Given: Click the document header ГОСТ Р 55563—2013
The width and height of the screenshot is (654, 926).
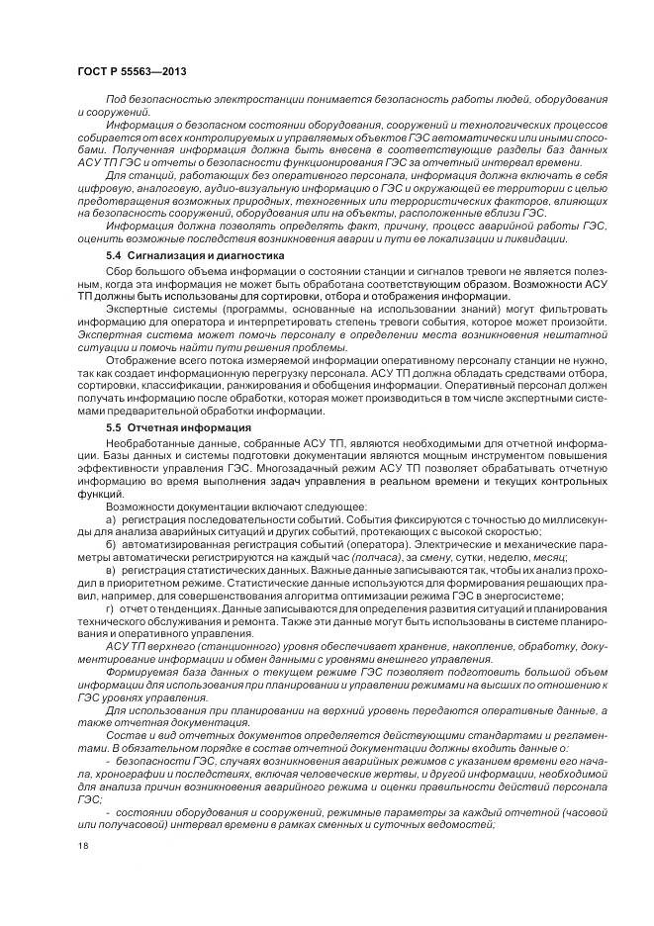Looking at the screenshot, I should click(132, 72).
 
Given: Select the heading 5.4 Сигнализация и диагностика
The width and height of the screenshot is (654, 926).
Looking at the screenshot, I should click(194, 255).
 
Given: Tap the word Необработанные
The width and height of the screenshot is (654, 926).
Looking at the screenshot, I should click(150, 440).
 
